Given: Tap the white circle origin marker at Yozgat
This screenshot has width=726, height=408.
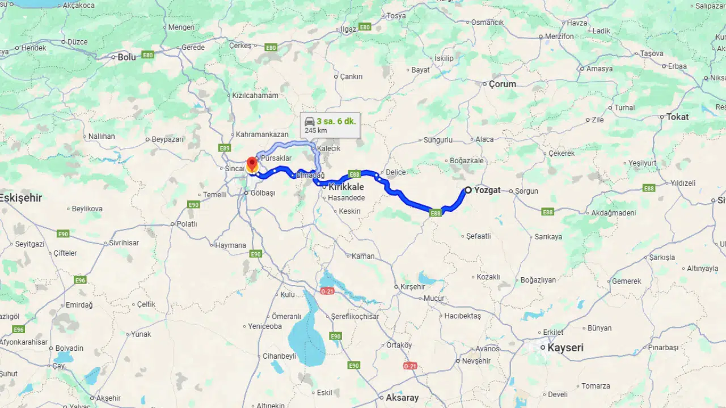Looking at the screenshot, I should pos(468,190).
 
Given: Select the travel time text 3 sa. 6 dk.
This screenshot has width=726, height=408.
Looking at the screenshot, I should pos(336,121).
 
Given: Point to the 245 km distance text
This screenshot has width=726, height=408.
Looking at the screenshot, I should pos(315,130).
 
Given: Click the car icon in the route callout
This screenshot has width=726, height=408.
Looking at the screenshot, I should pos(310,121).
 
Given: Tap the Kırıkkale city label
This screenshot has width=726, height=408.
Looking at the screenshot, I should pos(346,186).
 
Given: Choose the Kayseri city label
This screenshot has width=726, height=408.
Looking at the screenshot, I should pos(565,347).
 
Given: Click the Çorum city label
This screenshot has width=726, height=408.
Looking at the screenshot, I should pos(503,84).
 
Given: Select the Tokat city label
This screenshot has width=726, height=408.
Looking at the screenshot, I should pos(677,117).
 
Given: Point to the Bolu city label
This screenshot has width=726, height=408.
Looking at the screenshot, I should pos(126,57).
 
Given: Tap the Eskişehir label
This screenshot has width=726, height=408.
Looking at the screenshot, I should pos(21,198).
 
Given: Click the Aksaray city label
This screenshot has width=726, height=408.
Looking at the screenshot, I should pos(402,397).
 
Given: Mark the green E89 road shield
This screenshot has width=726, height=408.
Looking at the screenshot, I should pos(225,148).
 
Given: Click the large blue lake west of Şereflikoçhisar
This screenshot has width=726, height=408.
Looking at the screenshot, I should pos(306,334).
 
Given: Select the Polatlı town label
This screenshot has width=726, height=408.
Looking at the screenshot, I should pos(187,224).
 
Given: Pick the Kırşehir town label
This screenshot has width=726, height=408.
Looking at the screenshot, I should pos(412,286).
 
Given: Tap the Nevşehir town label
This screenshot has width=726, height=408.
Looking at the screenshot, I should pos(476,361).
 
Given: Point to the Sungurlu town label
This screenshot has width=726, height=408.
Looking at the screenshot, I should pos(438,139).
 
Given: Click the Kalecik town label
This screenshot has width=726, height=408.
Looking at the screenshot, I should pos(329,148).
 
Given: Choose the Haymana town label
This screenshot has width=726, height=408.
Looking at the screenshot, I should pos(230,245).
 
